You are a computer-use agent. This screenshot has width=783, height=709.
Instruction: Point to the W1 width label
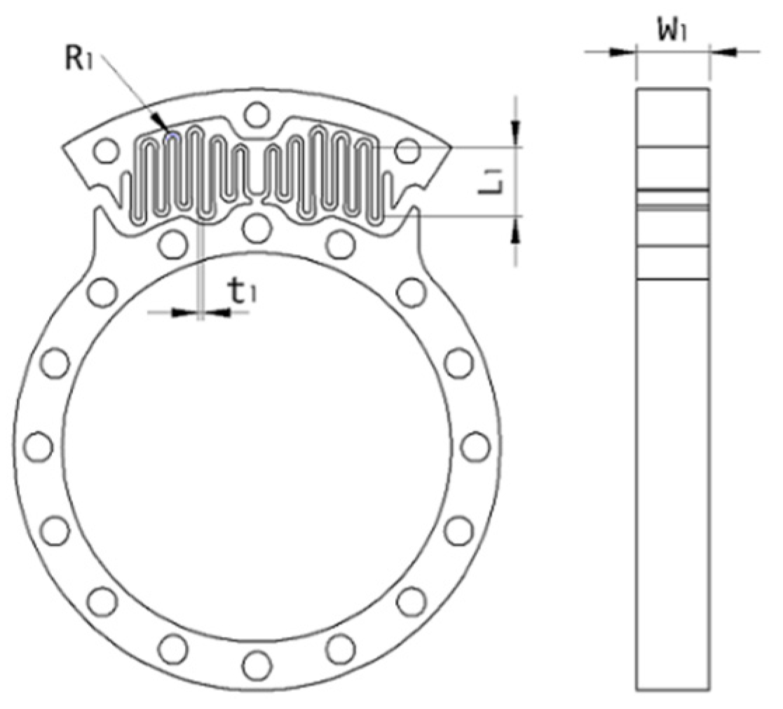(672, 32)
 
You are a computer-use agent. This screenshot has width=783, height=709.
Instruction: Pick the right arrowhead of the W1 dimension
(720, 51)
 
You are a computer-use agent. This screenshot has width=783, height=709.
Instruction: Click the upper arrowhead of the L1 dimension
(517, 131)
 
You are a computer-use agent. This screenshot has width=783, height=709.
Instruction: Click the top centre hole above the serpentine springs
(257, 113)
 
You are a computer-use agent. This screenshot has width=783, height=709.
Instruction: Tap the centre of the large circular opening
(257, 446)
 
